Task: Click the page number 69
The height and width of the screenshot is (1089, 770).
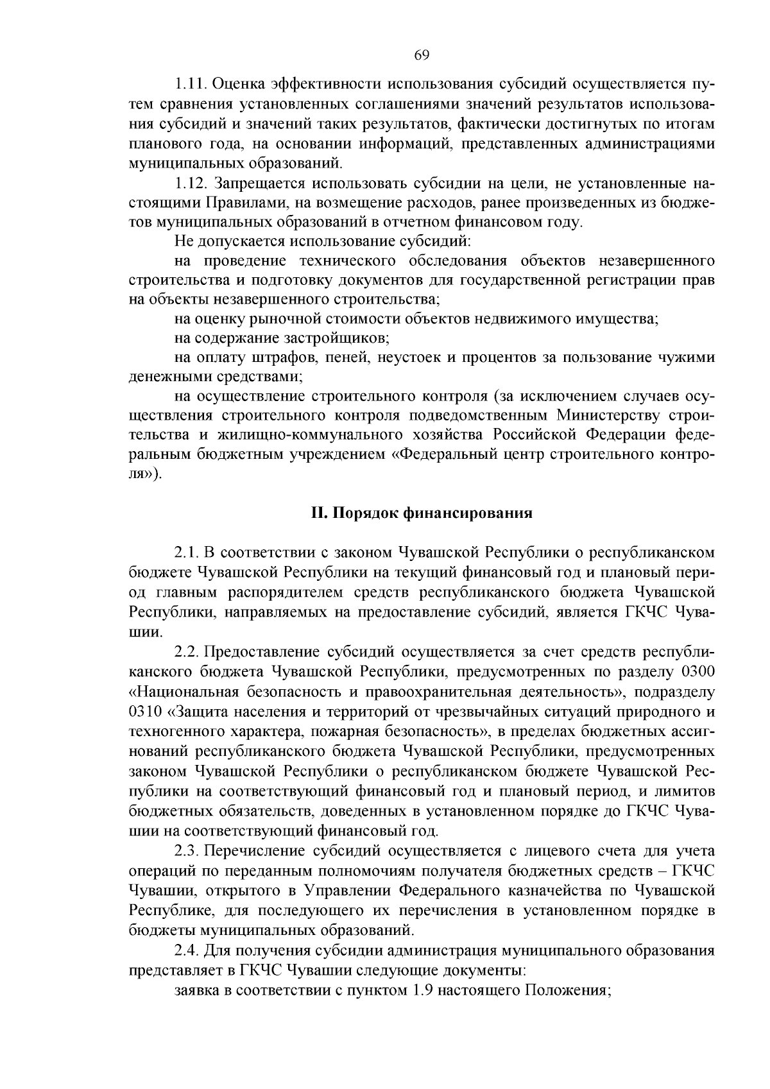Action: pyautogui.click(x=422, y=54)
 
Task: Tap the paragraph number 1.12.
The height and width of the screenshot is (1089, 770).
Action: pyautogui.click(x=191, y=184)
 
